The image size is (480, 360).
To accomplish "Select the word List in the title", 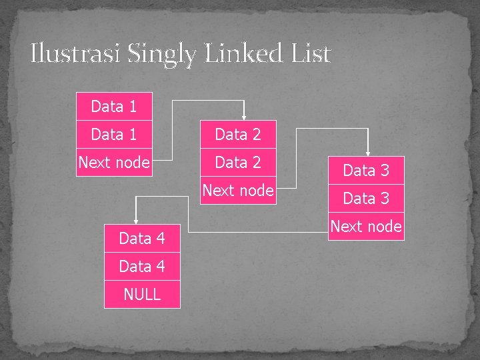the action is tap(312, 53).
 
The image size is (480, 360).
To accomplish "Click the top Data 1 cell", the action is tap(114, 106).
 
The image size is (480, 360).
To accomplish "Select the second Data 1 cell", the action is tap(114, 134).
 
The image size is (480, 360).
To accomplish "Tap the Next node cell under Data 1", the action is tap(114, 162).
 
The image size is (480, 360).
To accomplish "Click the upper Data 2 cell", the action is tap(238, 134).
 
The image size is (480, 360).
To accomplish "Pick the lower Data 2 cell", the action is tap(238, 162).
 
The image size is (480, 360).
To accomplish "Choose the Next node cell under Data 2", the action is tap(238, 190).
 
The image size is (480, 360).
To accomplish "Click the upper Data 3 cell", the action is tap(366, 170).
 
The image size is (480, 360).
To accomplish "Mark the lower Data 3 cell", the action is tap(366, 198).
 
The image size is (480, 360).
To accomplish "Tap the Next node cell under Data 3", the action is tap(366, 226).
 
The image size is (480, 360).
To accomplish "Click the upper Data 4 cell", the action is tap(142, 238).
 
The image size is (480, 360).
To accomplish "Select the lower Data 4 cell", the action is tap(142, 266).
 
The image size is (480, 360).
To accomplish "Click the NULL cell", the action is tap(142, 294).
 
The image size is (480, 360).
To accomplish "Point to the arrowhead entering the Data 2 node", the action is tap(244, 117).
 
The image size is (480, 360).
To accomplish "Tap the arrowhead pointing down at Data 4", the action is tap(135, 221).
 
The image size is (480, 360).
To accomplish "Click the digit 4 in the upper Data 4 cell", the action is tap(160, 238).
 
